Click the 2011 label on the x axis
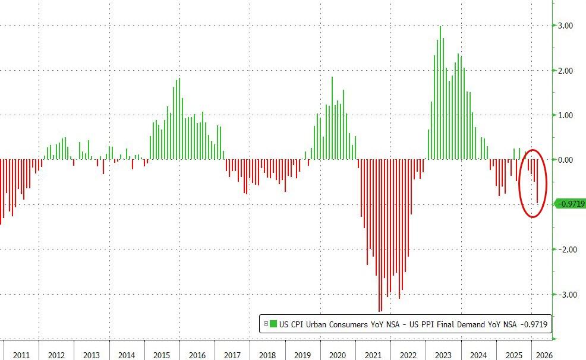21,355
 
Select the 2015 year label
162,355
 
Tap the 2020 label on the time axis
338,355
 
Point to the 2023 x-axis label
443,355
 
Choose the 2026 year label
543,355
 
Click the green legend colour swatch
273,324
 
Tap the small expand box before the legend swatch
265,324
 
